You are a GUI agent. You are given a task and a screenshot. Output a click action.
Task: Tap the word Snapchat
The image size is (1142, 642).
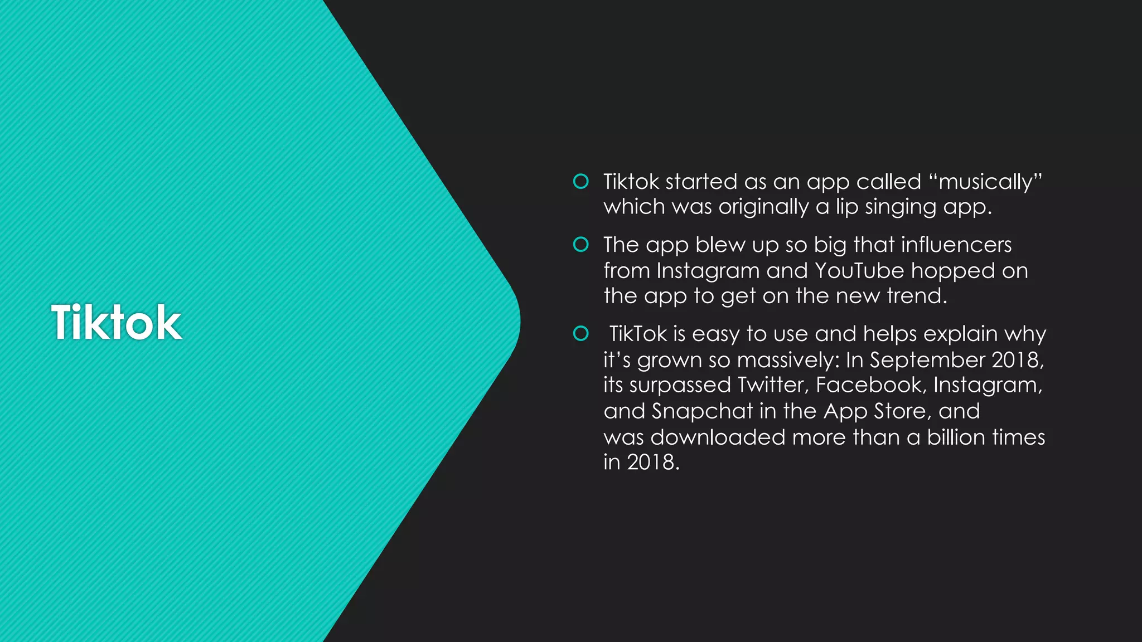click(702, 411)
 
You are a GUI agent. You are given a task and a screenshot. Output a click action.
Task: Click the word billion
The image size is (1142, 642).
click(957, 437)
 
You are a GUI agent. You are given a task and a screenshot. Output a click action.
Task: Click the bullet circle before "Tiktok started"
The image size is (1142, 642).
click(581, 181)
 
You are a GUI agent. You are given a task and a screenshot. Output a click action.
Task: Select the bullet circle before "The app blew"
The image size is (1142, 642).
click(581, 244)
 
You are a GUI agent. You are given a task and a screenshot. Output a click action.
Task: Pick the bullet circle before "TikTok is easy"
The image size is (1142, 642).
click(581, 333)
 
